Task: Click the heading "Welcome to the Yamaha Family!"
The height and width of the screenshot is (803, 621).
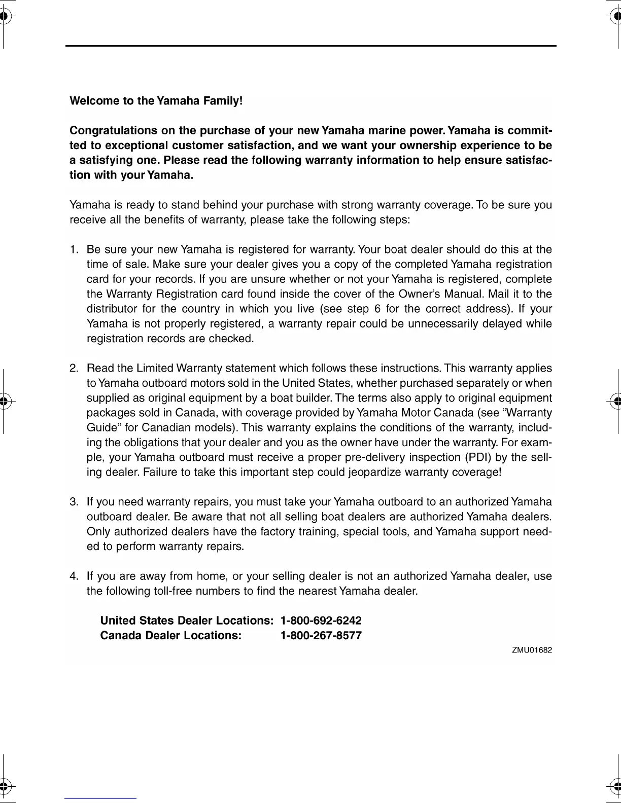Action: pos(156,101)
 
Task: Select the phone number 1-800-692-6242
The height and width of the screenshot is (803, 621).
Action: pos(321,621)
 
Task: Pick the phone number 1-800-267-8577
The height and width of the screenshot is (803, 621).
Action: pos(321,636)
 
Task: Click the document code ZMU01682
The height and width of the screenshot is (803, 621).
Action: pos(532,650)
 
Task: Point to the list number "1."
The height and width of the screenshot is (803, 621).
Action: pos(75,250)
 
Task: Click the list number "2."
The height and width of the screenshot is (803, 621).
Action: pos(75,369)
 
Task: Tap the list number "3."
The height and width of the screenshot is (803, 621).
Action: pos(75,502)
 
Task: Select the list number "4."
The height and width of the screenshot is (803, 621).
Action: pos(75,576)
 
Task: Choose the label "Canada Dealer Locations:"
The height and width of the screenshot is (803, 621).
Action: pos(171,636)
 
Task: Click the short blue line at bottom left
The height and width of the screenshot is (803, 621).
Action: pos(100,798)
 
